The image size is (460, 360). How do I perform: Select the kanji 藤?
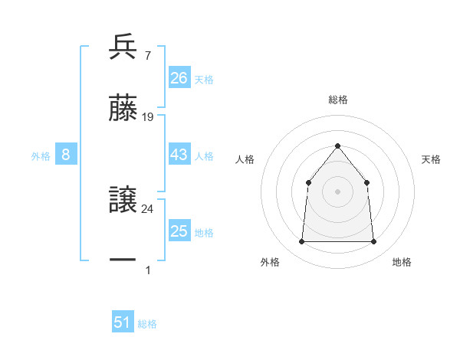(123, 108)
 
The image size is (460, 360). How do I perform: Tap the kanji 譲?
(123, 200)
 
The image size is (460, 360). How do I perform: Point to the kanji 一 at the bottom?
(123, 260)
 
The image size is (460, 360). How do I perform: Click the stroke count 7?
(147, 56)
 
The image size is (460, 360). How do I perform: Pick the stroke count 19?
(148, 117)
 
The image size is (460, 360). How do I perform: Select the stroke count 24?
(148, 208)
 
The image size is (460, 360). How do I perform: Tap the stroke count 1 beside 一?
(147, 270)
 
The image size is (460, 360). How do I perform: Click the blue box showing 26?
(179, 78)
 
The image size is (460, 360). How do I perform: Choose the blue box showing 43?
(179, 155)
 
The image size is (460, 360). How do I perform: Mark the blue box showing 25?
(179, 231)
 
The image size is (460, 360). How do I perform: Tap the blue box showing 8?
(66, 155)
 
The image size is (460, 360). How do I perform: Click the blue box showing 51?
(123, 322)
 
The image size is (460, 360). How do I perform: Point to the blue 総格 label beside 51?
(147, 324)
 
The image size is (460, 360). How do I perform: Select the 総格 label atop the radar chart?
(337, 100)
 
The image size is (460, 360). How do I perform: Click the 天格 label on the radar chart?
(432, 159)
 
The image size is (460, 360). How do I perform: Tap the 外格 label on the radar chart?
(270, 262)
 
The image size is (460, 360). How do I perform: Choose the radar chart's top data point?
(337, 146)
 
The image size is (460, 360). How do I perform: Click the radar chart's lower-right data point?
(373, 242)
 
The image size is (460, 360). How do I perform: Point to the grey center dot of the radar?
(337, 191)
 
